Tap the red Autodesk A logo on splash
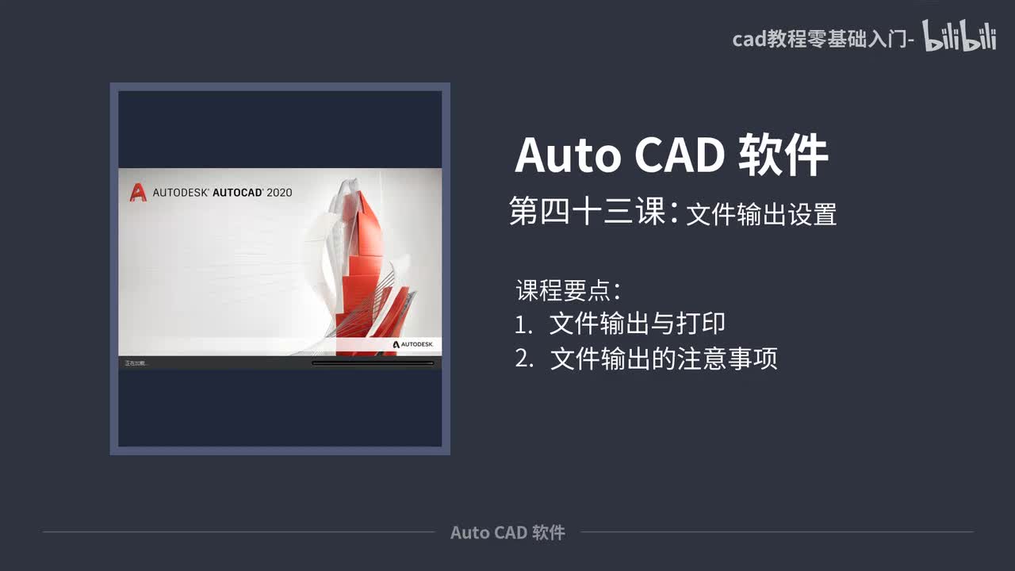click(x=138, y=192)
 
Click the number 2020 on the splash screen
click(x=279, y=192)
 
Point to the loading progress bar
click(x=373, y=363)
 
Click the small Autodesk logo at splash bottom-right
click(x=412, y=345)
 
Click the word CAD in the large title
click(x=680, y=155)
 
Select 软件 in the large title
click(x=783, y=155)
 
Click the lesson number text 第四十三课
click(x=587, y=213)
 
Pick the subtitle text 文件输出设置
click(x=761, y=215)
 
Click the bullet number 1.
click(x=523, y=324)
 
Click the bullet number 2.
click(x=523, y=359)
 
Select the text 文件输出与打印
click(x=638, y=324)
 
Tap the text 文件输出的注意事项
click(x=664, y=359)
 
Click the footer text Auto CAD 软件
click(x=507, y=532)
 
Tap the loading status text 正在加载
click(x=136, y=363)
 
